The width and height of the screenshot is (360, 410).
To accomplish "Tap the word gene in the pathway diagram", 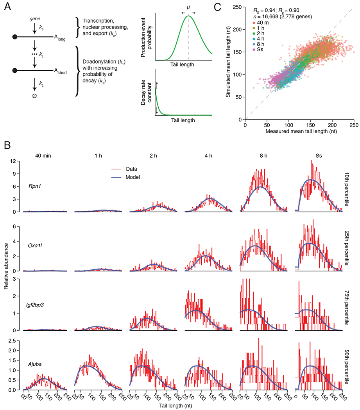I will point(30,18).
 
